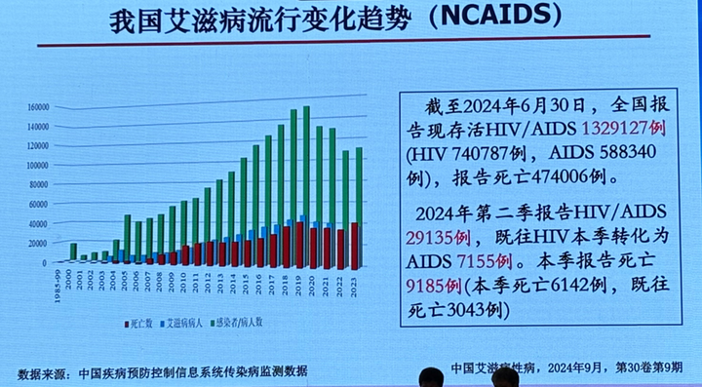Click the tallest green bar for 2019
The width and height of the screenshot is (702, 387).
coord(306,166)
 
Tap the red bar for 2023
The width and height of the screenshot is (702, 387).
coord(353,245)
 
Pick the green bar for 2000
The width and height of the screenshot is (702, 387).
coord(73,252)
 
